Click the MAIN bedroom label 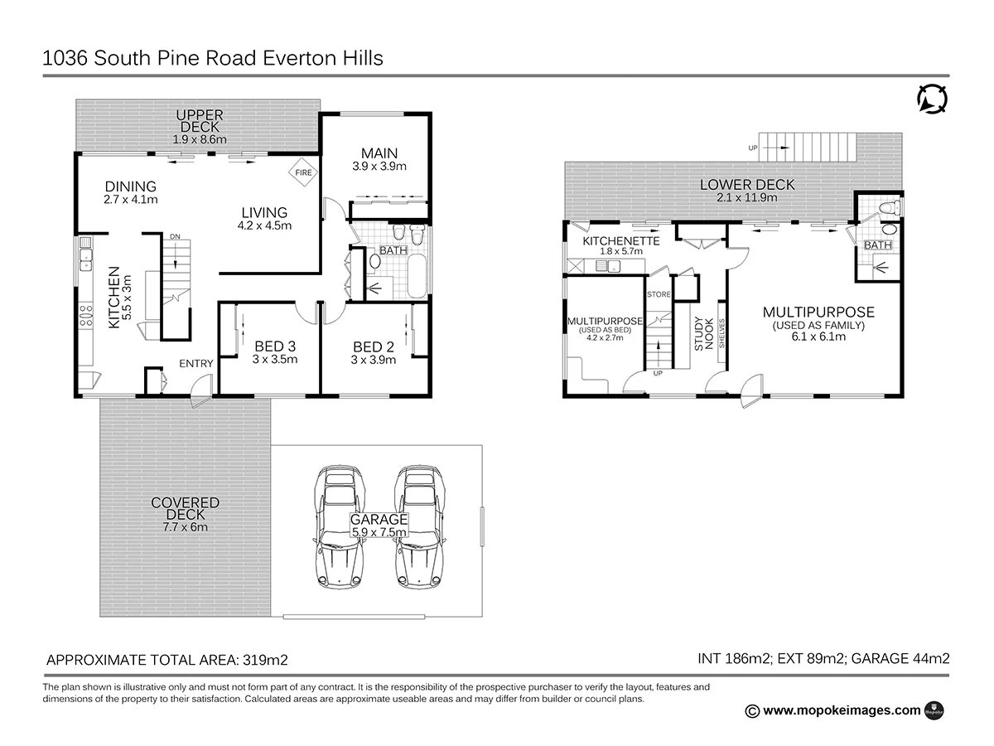[x=379, y=153]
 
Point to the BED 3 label [x=275, y=346]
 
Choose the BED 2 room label [x=373, y=346]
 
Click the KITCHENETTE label [x=620, y=241]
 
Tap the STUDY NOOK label [x=703, y=334]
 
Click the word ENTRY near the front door [x=196, y=363]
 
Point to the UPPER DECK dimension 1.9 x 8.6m [x=200, y=139]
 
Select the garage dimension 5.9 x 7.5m [x=378, y=532]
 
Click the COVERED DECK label [x=185, y=503]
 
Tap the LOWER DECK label [x=746, y=185]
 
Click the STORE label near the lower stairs [x=659, y=294]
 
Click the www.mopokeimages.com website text [x=841, y=710]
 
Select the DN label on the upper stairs [x=174, y=237]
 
